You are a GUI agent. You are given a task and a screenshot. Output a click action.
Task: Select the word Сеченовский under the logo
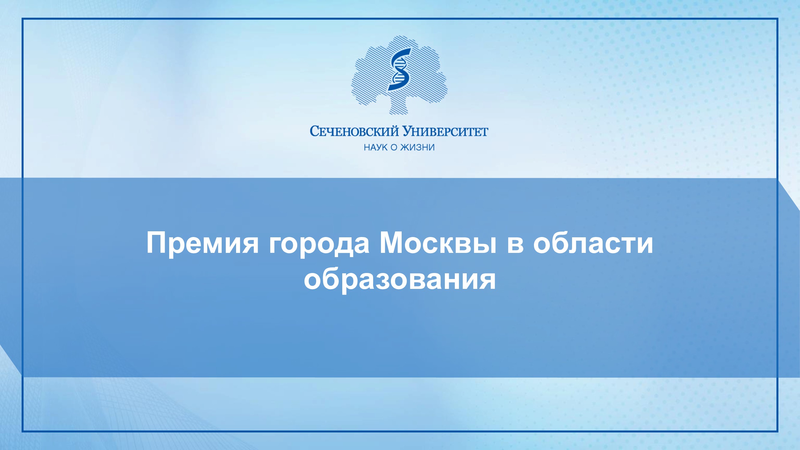point(354,131)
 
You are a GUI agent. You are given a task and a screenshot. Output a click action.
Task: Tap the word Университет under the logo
point(445,131)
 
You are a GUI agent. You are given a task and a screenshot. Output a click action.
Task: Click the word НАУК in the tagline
point(376,147)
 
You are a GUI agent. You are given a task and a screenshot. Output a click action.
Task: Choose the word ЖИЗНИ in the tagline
point(417,147)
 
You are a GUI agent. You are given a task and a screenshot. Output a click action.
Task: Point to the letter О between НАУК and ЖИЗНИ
point(394,147)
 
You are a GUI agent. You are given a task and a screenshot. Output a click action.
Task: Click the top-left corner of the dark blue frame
point(22,19)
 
